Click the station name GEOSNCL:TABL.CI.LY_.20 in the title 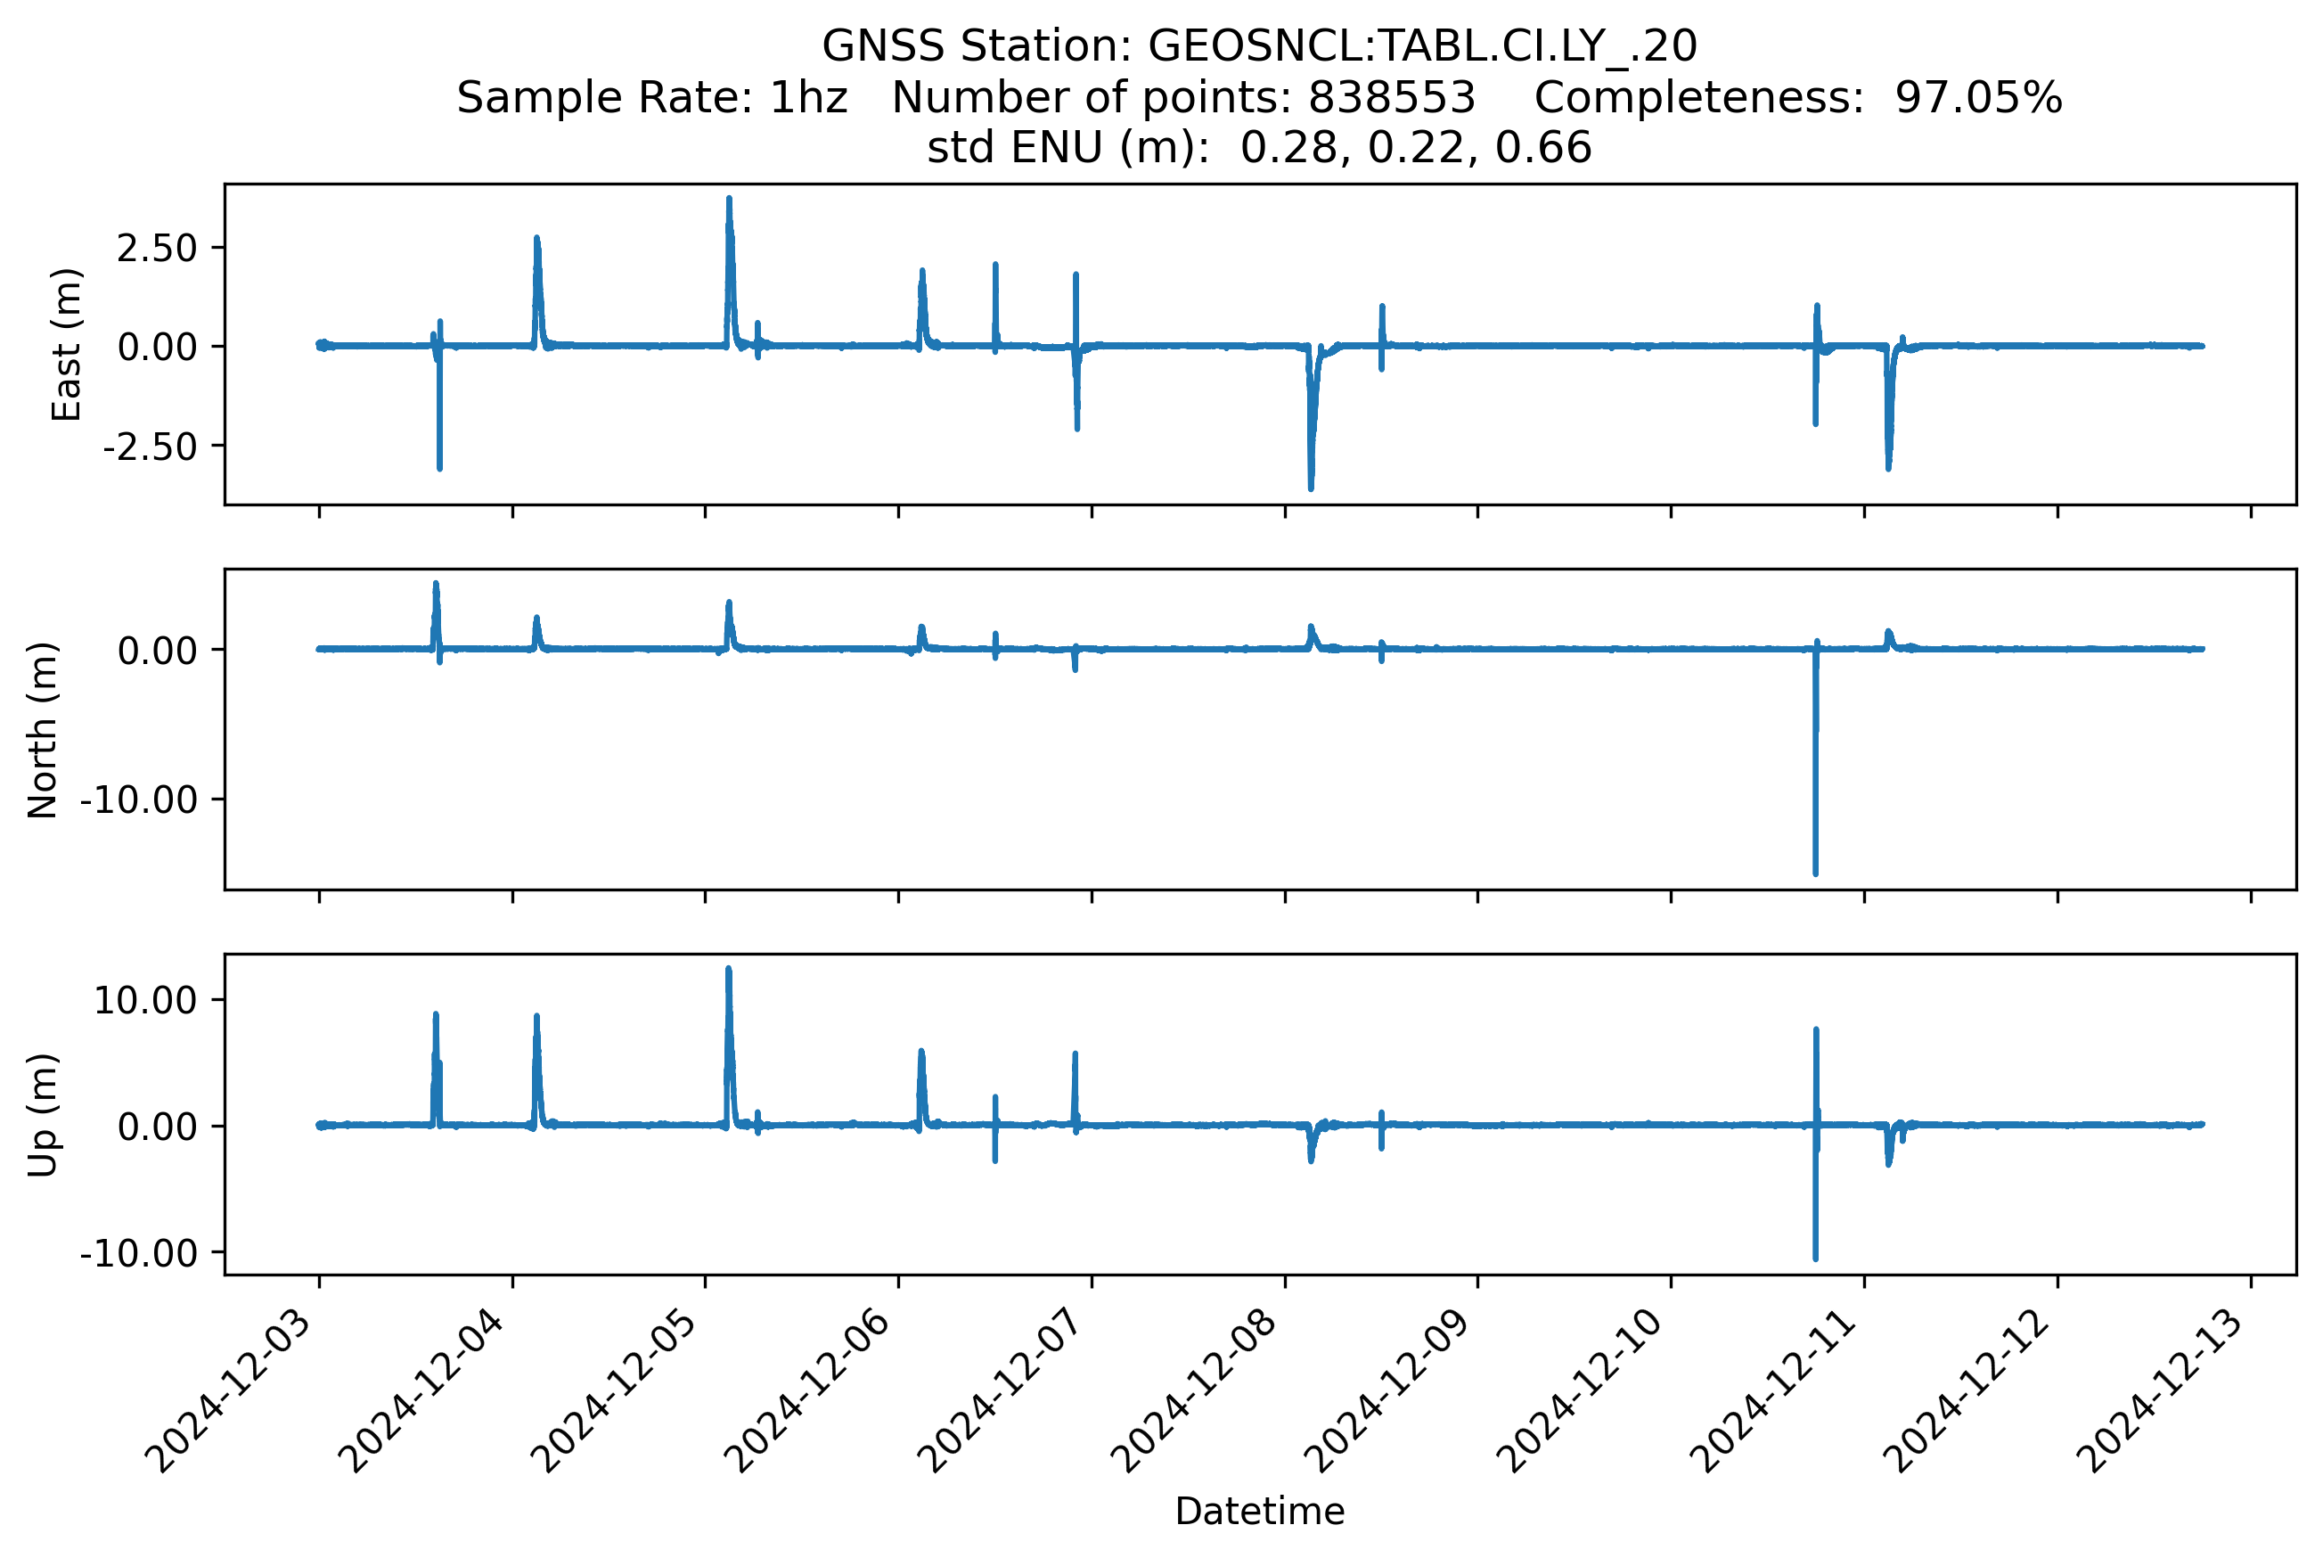(x=1422, y=45)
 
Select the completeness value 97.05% (x=1977, y=97)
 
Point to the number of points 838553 (x=1392, y=97)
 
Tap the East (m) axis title (x=66, y=345)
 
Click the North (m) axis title (x=43, y=730)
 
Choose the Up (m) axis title (x=43, y=1115)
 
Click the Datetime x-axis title (x=1259, y=1512)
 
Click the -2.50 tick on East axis (x=150, y=447)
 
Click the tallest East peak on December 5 (x=729, y=200)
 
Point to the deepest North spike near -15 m (x=1815, y=873)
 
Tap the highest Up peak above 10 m (x=729, y=970)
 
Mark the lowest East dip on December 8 (x=1311, y=487)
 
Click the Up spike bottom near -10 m (x=1815, y=1258)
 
